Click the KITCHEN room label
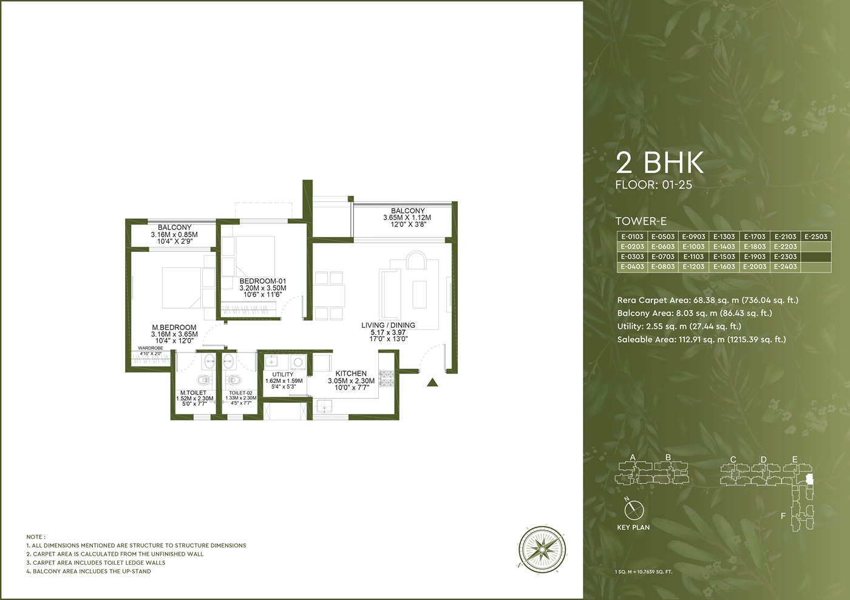pyautogui.click(x=351, y=374)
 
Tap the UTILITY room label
pyautogui.click(x=283, y=374)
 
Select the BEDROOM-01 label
pyautogui.click(x=262, y=281)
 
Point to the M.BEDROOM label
pyautogui.click(x=174, y=328)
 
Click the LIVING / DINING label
pyautogui.click(x=388, y=325)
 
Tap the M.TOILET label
pyautogui.click(x=194, y=393)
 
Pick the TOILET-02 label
pyautogui.click(x=240, y=393)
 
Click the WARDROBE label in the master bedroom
pyautogui.click(x=151, y=348)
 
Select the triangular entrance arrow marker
pyautogui.click(x=432, y=383)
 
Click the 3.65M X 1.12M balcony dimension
pyautogui.click(x=407, y=218)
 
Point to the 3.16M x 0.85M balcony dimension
pyautogui.click(x=174, y=235)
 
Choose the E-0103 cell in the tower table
pyautogui.click(x=632, y=236)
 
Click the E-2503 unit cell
pyautogui.click(x=816, y=236)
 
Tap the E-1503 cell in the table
pyautogui.click(x=724, y=257)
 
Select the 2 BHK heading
pyautogui.click(x=659, y=163)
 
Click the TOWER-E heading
pyautogui.click(x=641, y=221)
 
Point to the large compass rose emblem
pyautogui.click(x=542, y=549)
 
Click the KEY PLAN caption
pyautogui.click(x=633, y=527)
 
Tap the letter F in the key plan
pyautogui.click(x=783, y=516)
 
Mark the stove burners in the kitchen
pyautogui.click(x=387, y=379)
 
